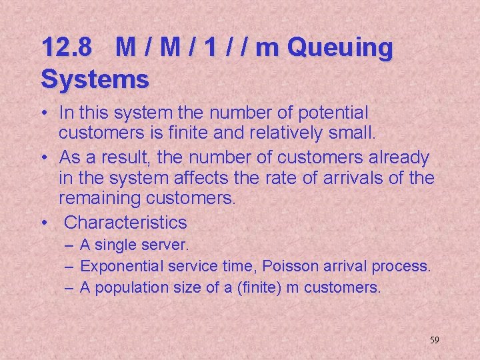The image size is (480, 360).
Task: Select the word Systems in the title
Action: click(x=95, y=79)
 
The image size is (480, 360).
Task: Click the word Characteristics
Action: click(x=125, y=222)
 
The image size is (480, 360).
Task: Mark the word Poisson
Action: click(x=291, y=267)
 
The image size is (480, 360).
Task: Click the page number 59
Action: click(x=434, y=340)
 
